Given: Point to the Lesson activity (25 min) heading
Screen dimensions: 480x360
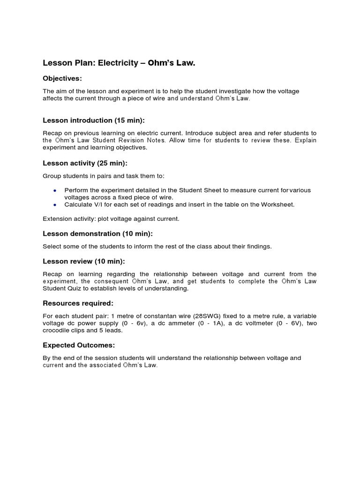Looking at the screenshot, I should pos(85,163).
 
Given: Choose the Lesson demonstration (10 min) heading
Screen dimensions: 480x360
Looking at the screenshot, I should pos(97,233).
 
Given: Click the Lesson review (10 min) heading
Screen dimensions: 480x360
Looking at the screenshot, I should pos(84,261).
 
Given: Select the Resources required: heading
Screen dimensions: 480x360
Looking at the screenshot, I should pos(78,303).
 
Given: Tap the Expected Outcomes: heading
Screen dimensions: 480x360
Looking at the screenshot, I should pos(78,345).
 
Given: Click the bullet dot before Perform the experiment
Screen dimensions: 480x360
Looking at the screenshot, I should pos(55,190).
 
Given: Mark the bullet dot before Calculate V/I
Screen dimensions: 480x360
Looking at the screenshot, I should pos(55,205).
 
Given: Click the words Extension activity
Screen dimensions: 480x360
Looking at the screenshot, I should pos(68,219).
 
